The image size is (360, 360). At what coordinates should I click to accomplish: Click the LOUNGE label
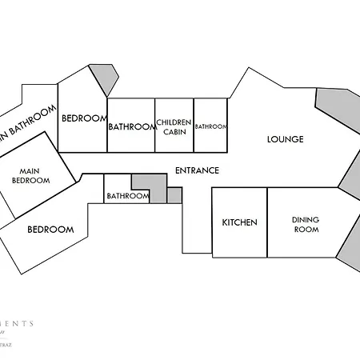[x=285, y=139]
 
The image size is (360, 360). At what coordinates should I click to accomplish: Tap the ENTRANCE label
[x=197, y=170]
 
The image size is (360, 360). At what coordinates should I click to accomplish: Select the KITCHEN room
[x=239, y=222]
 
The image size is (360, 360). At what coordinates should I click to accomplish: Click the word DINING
[x=306, y=219]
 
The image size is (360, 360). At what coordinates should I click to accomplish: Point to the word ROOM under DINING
[x=306, y=230]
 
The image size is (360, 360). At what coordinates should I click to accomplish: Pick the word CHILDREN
[x=174, y=122]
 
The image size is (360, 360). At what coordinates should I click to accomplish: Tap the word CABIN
[x=174, y=132]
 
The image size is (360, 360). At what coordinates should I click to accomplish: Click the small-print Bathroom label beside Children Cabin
[x=211, y=126]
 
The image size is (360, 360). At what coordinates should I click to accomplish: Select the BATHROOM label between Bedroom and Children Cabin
[x=131, y=126]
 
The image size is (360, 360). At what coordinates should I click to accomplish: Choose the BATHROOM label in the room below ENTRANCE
[x=128, y=196]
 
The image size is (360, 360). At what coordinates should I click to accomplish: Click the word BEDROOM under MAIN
[x=31, y=181]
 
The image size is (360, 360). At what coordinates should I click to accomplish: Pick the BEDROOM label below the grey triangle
[x=84, y=118]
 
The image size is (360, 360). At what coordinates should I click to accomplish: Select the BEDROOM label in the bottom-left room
[x=50, y=230]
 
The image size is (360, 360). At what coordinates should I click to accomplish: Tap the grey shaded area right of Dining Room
[x=350, y=252]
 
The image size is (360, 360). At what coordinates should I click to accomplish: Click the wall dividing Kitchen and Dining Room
[x=267, y=222]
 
